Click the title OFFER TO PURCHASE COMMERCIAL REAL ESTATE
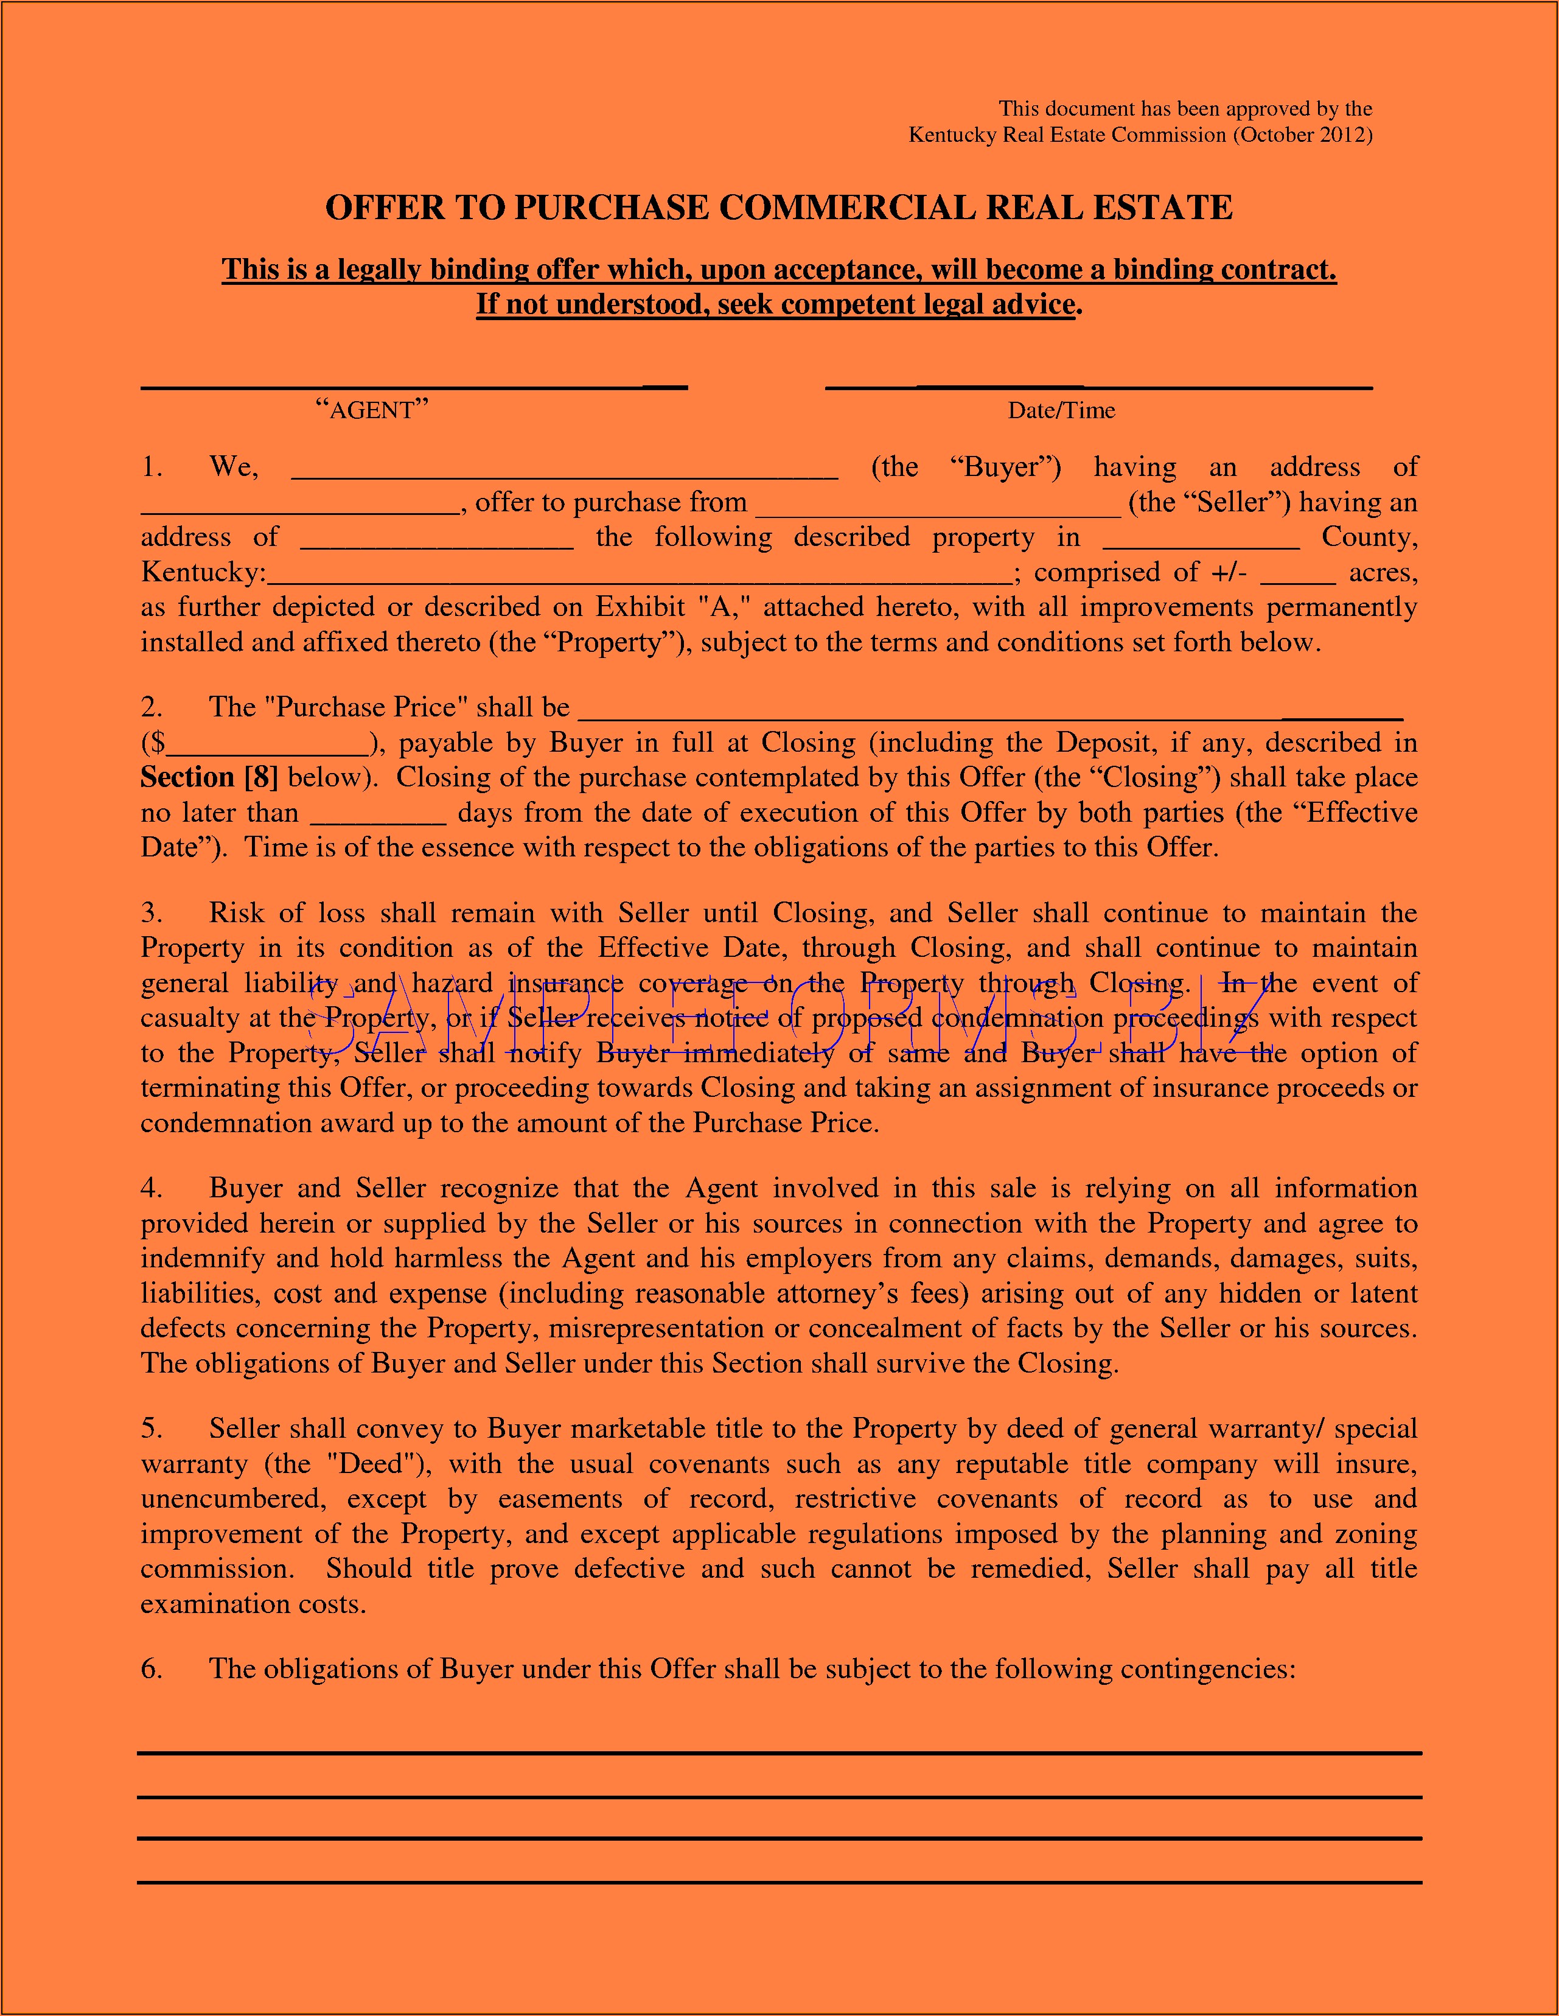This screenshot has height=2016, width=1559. tap(779, 208)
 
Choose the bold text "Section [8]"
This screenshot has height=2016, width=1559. tap(209, 777)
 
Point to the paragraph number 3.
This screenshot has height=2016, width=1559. tap(152, 913)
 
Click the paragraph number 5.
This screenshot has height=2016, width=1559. tap(152, 1429)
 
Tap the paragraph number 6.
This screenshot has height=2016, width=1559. tap(152, 1669)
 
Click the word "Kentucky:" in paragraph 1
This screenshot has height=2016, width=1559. tap(203, 573)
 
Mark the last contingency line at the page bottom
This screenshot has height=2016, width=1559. tap(779, 1882)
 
